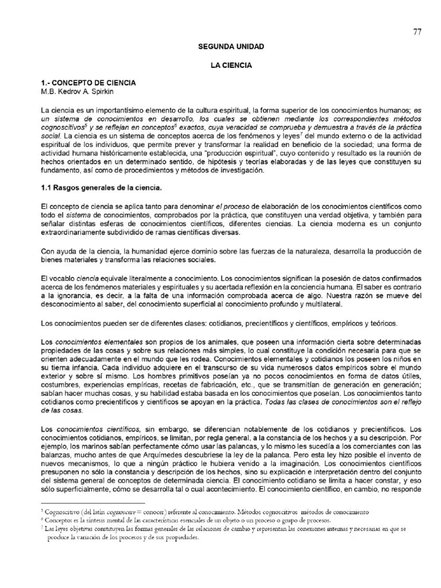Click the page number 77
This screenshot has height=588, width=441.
point(417,32)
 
